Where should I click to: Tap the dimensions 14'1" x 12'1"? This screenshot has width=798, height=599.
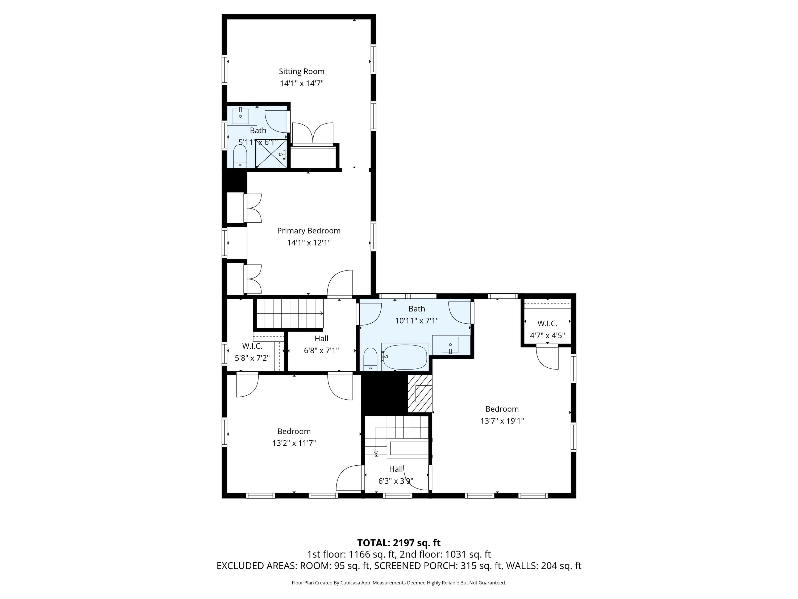pyautogui.click(x=309, y=243)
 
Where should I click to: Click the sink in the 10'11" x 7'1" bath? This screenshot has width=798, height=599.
pyautogui.click(x=450, y=345)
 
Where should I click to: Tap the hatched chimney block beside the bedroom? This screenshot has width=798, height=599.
pyautogui.click(x=420, y=393)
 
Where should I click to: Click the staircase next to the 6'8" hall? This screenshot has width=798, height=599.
pyautogui.click(x=290, y=313)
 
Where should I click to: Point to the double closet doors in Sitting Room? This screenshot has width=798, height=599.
pyautogui.click(x=313, y=133)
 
